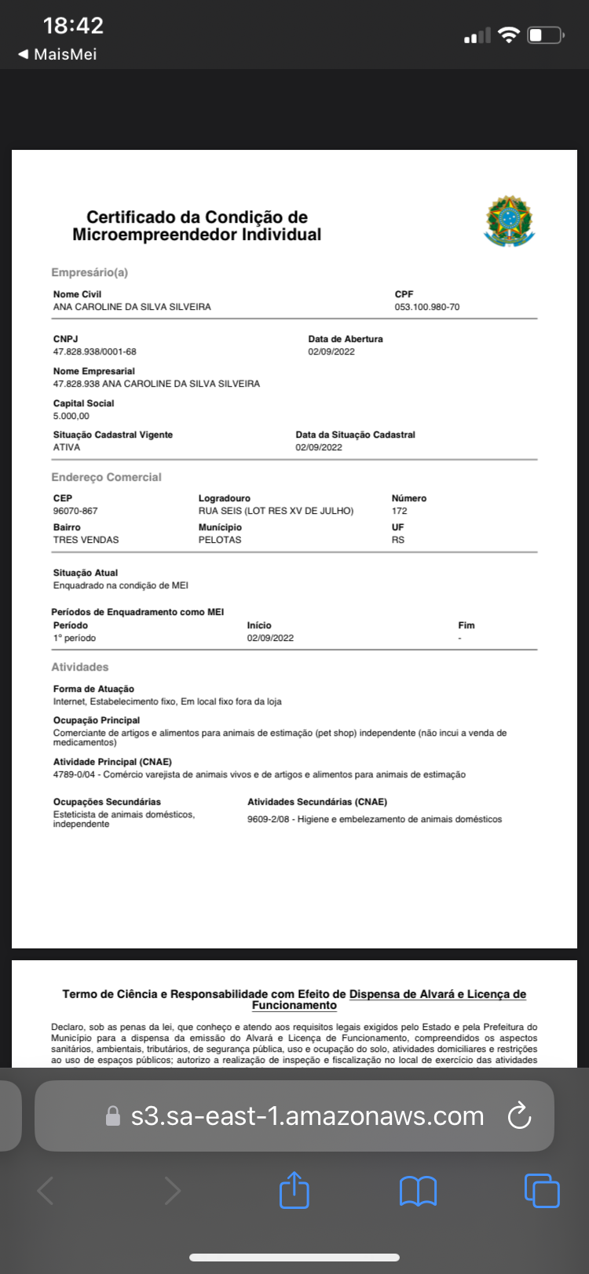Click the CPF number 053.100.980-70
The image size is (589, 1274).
tap(426, 307)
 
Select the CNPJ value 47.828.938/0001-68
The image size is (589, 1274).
tap(94, 351)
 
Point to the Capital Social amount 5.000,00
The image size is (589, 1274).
tap(71, 416)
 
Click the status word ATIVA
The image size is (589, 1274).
tap(67, 447)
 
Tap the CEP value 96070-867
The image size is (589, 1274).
tap(75, 511)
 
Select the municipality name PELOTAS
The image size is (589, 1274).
tap(220, 540)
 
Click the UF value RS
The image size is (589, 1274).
tap(398, 540)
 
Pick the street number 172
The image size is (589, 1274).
tap(400, 511)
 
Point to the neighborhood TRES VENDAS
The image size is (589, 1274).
tap(86, 540)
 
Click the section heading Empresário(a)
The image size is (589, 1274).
tap(90, 272)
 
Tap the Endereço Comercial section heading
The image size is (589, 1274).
tap(106, 477)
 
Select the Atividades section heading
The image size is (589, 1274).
tap(80, 667)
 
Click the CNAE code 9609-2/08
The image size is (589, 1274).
tap(268, 819)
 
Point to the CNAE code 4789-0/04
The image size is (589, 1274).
tap(74, 774)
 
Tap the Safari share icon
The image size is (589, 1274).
tap(294, 1190)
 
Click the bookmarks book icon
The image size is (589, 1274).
tap(418, 1191)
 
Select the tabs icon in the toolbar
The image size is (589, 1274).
tap(542, 1190)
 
